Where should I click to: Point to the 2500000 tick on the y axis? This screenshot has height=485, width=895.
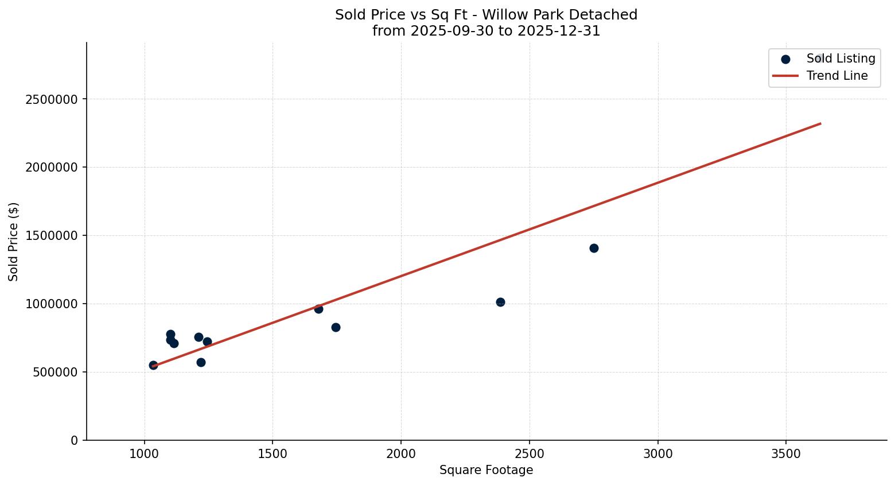click(52, 99)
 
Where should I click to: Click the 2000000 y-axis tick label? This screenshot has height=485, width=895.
click(52, 168)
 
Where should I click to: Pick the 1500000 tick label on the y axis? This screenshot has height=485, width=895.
click(52, 236)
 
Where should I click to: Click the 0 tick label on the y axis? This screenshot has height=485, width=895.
click(74, 440)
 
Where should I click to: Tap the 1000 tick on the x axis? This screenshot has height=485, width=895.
click(145, 453)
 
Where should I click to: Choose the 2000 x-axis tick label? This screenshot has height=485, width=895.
click(401, 453)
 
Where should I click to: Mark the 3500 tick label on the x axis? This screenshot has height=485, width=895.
click(785, 453)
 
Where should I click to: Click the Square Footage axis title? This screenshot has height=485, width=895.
click(486, 471)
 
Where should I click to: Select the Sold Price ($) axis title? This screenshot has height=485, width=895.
click(14, 242)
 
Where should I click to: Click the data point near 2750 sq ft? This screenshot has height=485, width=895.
click(594, 248)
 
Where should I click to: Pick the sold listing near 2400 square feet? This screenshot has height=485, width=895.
click(500, 302)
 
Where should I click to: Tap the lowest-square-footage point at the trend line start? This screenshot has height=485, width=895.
click(153, 365)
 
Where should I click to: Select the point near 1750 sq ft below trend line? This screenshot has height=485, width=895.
click(336, 327)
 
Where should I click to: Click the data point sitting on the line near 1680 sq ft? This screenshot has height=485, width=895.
click(318, 309)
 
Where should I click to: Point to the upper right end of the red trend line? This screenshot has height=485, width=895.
click(820, 123)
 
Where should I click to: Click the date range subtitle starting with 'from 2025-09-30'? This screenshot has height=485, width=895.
click(486, 31)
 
